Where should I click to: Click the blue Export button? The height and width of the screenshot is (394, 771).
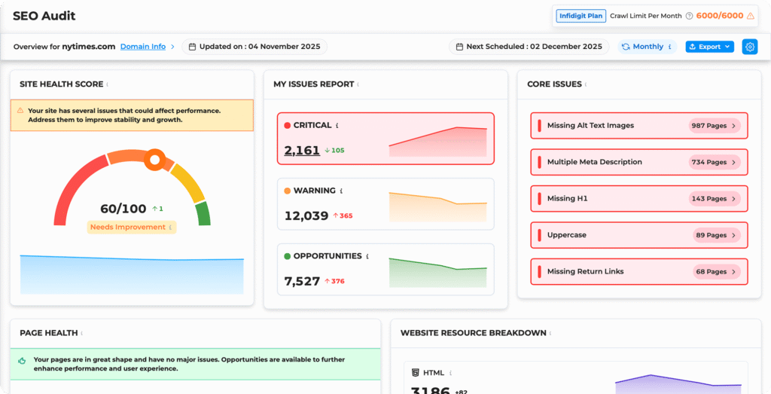click(x=709, y=47)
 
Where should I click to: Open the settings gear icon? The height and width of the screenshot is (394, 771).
click(x=749, y=47)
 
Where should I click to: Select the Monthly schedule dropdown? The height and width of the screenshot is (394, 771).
click(x=647, y=47)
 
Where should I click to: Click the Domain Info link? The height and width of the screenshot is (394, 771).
click(x=143, y=47)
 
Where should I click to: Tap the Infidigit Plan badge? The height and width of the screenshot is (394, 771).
click(x=580, y=15)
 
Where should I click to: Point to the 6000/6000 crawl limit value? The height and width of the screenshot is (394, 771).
click(x=719, y=15)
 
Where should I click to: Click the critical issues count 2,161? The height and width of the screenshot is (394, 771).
click(x=302, y=151)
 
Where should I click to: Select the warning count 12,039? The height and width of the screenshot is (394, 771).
click(x=306, y=216)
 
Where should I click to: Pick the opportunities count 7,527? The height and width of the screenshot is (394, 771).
click(x=302, y=281)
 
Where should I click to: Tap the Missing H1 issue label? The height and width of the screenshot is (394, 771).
click(x=567, y=199)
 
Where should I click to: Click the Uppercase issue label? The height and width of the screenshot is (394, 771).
click(x=566, y=235)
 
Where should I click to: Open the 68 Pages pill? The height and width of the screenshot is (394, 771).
click(x=716, y=271)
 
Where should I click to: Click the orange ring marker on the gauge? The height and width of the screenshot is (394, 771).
click(x=156, y=159)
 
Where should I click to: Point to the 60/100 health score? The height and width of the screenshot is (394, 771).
click(x=123, y=209)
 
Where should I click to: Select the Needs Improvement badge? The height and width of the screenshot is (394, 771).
click(x=127, y=227)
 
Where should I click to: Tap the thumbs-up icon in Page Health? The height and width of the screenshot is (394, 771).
click(x=23, y=360)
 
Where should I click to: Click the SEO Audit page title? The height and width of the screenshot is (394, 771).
click(x=44, y=16)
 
